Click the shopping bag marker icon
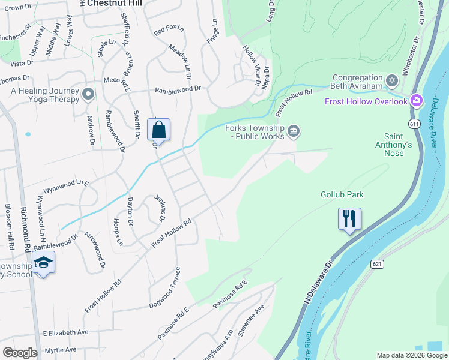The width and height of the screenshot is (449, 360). pyautogui.click(x=158, y=129)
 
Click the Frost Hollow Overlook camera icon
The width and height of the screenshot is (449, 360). pyautogui.click(x=417, y=101)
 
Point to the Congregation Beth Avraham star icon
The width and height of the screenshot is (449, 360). pyautogui.click(x=392, y=80)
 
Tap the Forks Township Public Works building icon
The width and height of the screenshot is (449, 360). pyautogui.click(x=293, y=131)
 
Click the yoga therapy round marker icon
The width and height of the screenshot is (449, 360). pyautogui.click(x=88, y=94)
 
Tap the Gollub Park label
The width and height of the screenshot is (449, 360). pyautogui.click(x=342, y=195)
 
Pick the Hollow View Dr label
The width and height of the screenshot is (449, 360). pyautogui.click(x=250, y=65)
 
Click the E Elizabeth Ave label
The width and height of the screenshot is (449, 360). pyautogui.click(x=65, y=332)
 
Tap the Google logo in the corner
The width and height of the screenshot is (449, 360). pyautogui.click(x=20, y=353)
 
